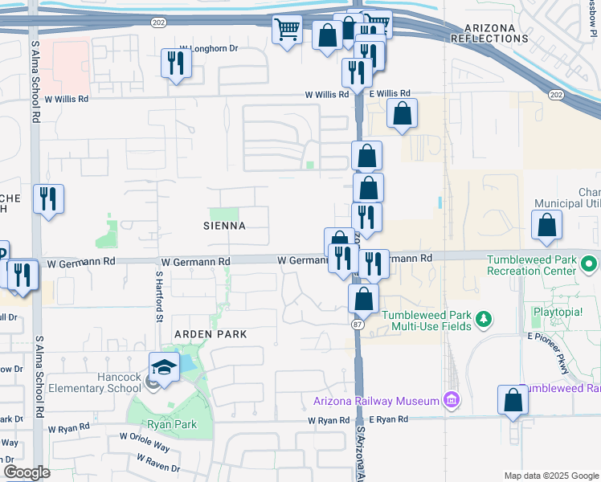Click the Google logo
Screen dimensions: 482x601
[26, 472]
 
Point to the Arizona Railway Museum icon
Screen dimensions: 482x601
[451, 399]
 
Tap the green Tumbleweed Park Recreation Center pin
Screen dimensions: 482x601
[591, 263]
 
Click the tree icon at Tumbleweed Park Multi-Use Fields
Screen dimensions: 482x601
[484, 321]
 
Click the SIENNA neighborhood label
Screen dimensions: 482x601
[224, 226]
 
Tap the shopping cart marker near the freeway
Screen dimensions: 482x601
[287, 30]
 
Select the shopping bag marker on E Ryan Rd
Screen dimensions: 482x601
[513, 399]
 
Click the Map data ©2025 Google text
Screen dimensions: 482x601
[550, 476]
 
